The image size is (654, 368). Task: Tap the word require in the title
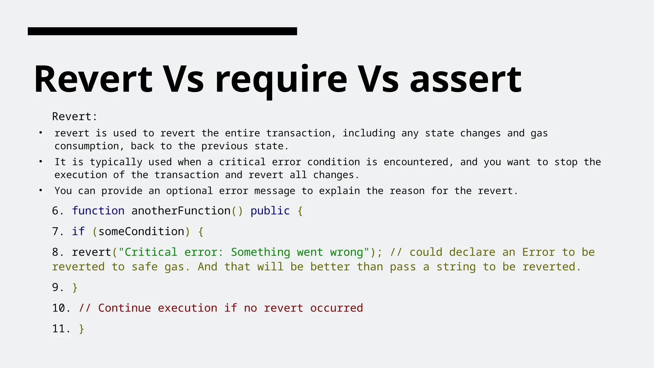click(281, 80)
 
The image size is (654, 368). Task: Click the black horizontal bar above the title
click(162, 31)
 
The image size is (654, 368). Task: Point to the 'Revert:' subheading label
click(74, 117)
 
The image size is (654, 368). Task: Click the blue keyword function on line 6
click(98, 211)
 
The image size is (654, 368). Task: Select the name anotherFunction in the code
click(181, 211)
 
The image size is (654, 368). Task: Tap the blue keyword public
click(270, 211)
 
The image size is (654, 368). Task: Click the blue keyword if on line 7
click(78, 232)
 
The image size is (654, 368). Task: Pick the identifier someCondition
click(141, 232)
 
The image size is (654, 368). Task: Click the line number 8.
click(56, 252)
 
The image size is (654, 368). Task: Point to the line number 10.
click(59, 308)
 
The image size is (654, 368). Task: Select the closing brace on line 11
click(81, 329)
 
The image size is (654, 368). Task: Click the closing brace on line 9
click(75, 287)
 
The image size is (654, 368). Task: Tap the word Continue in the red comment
click(124, 308)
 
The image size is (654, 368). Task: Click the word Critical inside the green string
click(151, 252)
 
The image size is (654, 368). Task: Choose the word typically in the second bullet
click(116, 162)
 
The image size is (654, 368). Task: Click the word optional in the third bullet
click(189, 191)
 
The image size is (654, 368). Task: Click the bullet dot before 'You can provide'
click(41, 190)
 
